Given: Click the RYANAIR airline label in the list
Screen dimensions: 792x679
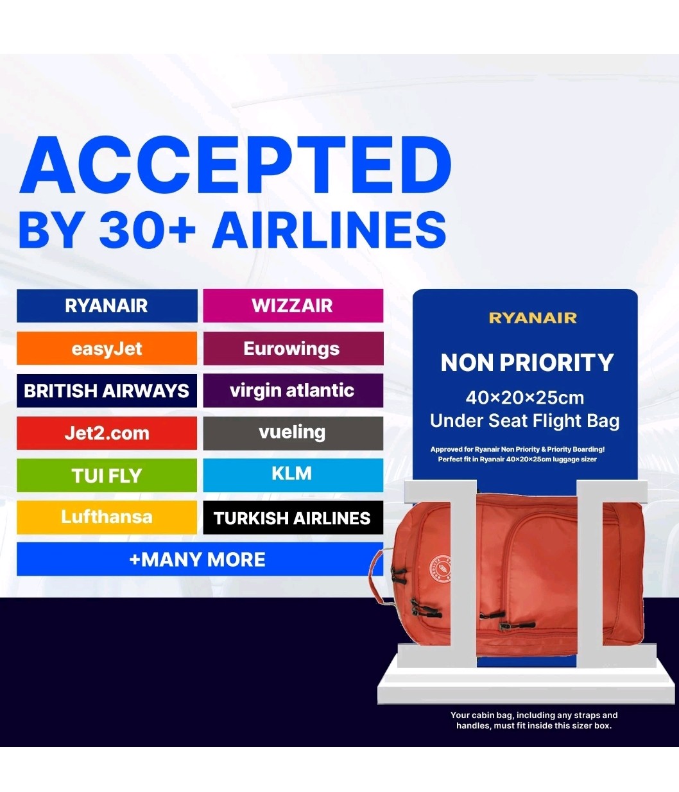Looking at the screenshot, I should [x=107, y=306].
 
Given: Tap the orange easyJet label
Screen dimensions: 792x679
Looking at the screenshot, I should [x=107, y=349].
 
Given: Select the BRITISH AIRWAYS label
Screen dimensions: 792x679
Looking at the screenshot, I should [x=107, y=391].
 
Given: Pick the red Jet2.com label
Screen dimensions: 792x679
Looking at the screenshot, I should [x=107, y=433].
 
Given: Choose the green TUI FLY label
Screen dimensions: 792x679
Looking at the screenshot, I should [x=107, y=476].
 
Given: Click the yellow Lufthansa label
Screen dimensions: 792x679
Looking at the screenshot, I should [x=107, y=517].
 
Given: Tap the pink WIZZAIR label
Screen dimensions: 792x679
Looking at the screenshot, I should [x=293, y=306].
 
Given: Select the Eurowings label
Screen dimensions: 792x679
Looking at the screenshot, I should [x=293, y=349].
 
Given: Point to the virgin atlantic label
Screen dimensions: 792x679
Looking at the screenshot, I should [x=293, y=390].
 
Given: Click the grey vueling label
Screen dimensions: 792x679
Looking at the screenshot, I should [x=293, y=433].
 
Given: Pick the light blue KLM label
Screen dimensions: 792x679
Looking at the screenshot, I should [x=293, y=474].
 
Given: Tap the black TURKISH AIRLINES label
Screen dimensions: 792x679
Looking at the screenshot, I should [x=293, y=518].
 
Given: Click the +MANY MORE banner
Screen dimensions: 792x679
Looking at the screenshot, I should [x=198, y=560].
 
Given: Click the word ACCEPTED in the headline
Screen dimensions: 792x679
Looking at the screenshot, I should [x=236, y=166].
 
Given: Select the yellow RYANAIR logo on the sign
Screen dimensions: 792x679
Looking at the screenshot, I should [x=533, y=318].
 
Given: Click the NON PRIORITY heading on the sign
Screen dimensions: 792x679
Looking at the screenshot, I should [x=527, y=363].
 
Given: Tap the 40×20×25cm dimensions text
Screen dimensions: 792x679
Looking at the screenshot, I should [x=525, y=398].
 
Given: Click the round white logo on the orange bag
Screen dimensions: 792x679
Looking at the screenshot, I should [x=440, y=565].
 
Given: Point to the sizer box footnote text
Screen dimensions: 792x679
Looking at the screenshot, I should [x=533, y=720].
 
